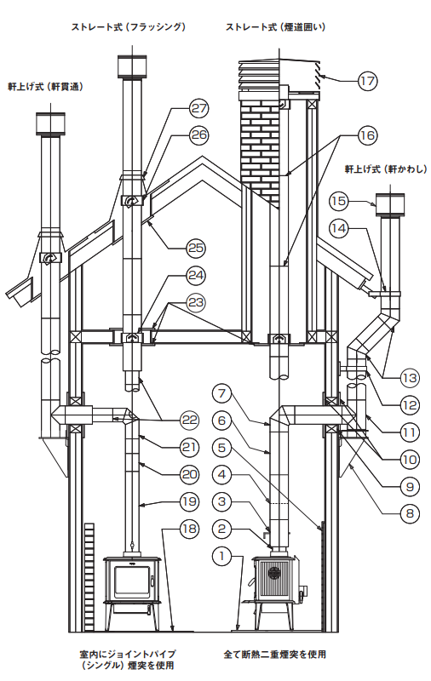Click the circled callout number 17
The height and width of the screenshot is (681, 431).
tap(368, 81)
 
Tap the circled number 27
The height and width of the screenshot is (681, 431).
tap(198, 108)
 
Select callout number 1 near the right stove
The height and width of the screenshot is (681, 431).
tap(222, 557)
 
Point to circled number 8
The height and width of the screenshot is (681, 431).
tap(410, 514)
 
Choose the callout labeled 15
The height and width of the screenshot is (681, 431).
tap(339, 201)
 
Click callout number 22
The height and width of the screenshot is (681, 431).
tap(189, 420)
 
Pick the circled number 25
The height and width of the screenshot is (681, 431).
tap(196, 248)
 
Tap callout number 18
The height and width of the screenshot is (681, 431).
tap(189, 529)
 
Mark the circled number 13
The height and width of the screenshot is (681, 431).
tap(410, 377)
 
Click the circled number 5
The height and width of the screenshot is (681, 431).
tap(222, 448)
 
